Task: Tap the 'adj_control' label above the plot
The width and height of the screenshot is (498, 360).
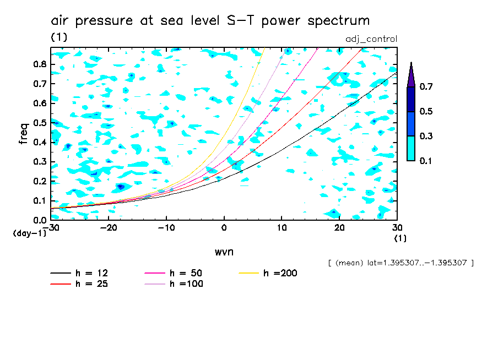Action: (371, 39)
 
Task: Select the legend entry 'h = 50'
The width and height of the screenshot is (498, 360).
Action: (186, 274)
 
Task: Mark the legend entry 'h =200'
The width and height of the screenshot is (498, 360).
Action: (280, 274)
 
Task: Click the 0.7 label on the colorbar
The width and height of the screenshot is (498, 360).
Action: (426, 87)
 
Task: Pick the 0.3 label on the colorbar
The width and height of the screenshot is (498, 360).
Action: (426, 136)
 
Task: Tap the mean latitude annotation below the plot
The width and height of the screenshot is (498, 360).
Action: (400, 263)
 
